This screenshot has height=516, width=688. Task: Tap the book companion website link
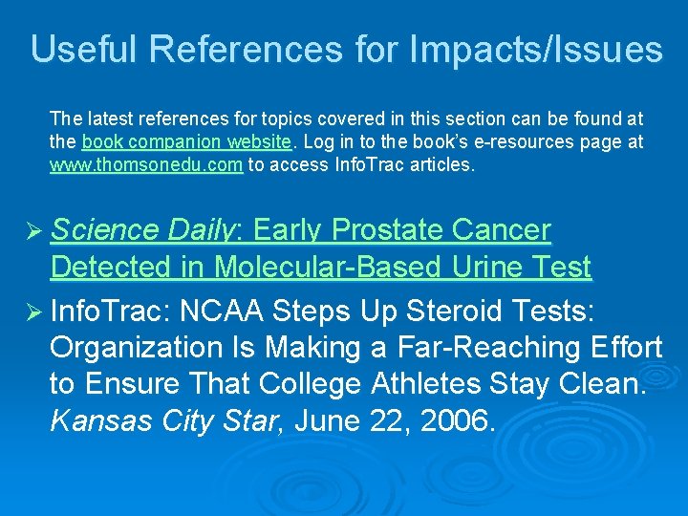click(x=187, y=142)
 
